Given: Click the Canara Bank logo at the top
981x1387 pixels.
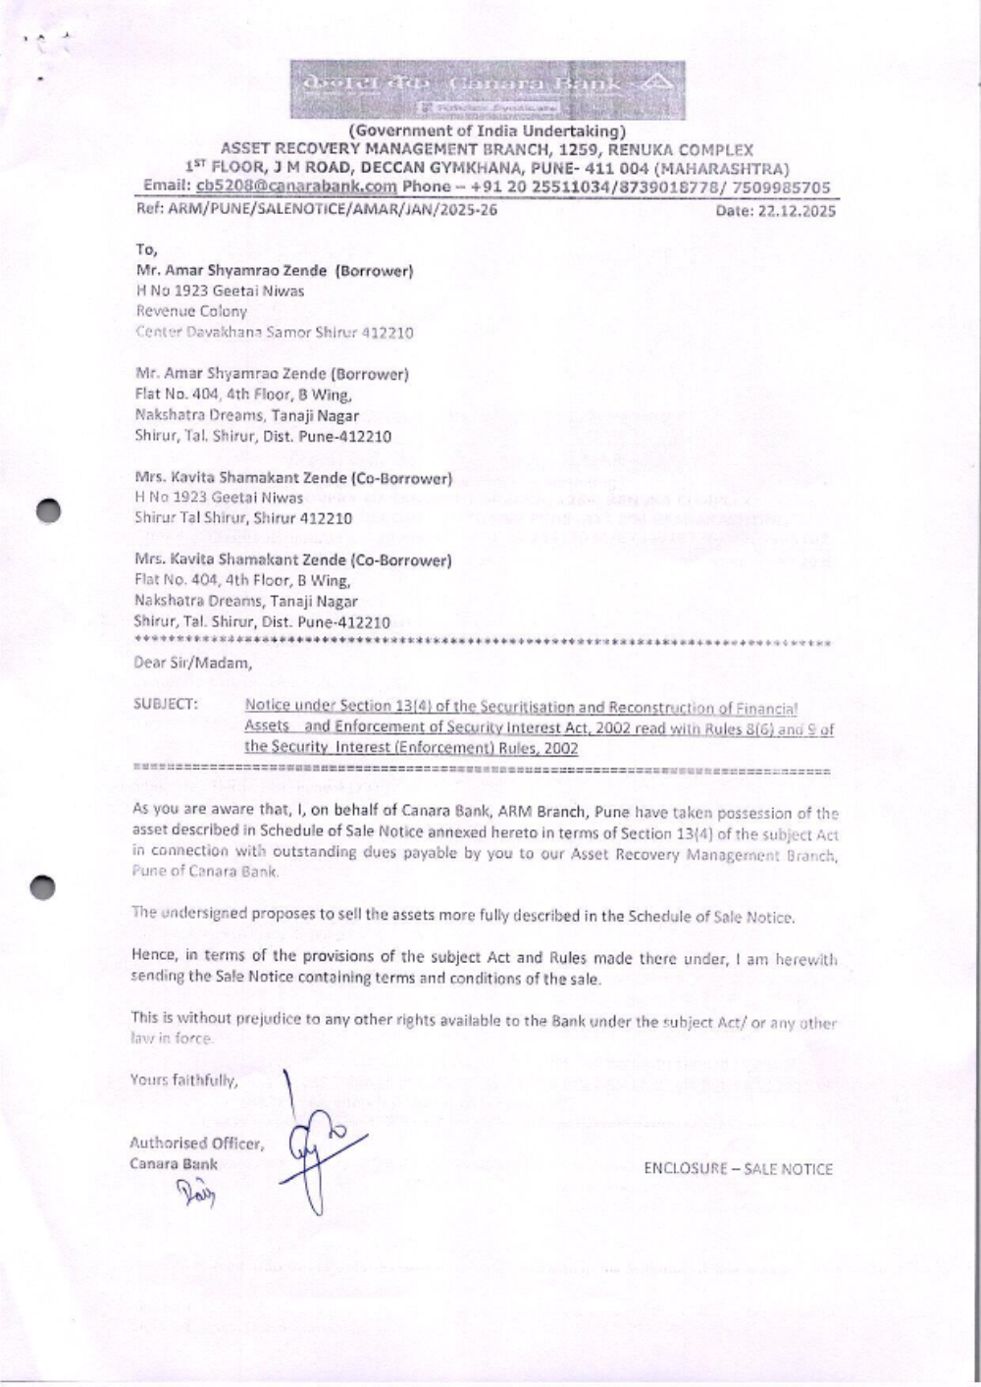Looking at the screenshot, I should point(487,88).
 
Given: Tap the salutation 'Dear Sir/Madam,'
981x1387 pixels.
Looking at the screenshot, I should point(192,663).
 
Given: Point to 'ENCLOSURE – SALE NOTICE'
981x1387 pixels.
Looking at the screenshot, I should point(738,1169).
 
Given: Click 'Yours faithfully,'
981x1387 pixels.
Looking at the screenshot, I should point(183,1081).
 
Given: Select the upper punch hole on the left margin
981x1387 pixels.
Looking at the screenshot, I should point(46,510).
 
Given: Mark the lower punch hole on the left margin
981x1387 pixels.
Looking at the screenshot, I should point(43,886).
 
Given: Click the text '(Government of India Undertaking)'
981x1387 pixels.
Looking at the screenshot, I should point(487,131).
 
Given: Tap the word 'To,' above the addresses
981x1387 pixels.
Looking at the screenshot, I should point(146,249).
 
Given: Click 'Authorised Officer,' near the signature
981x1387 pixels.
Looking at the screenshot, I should point(196,1143).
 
